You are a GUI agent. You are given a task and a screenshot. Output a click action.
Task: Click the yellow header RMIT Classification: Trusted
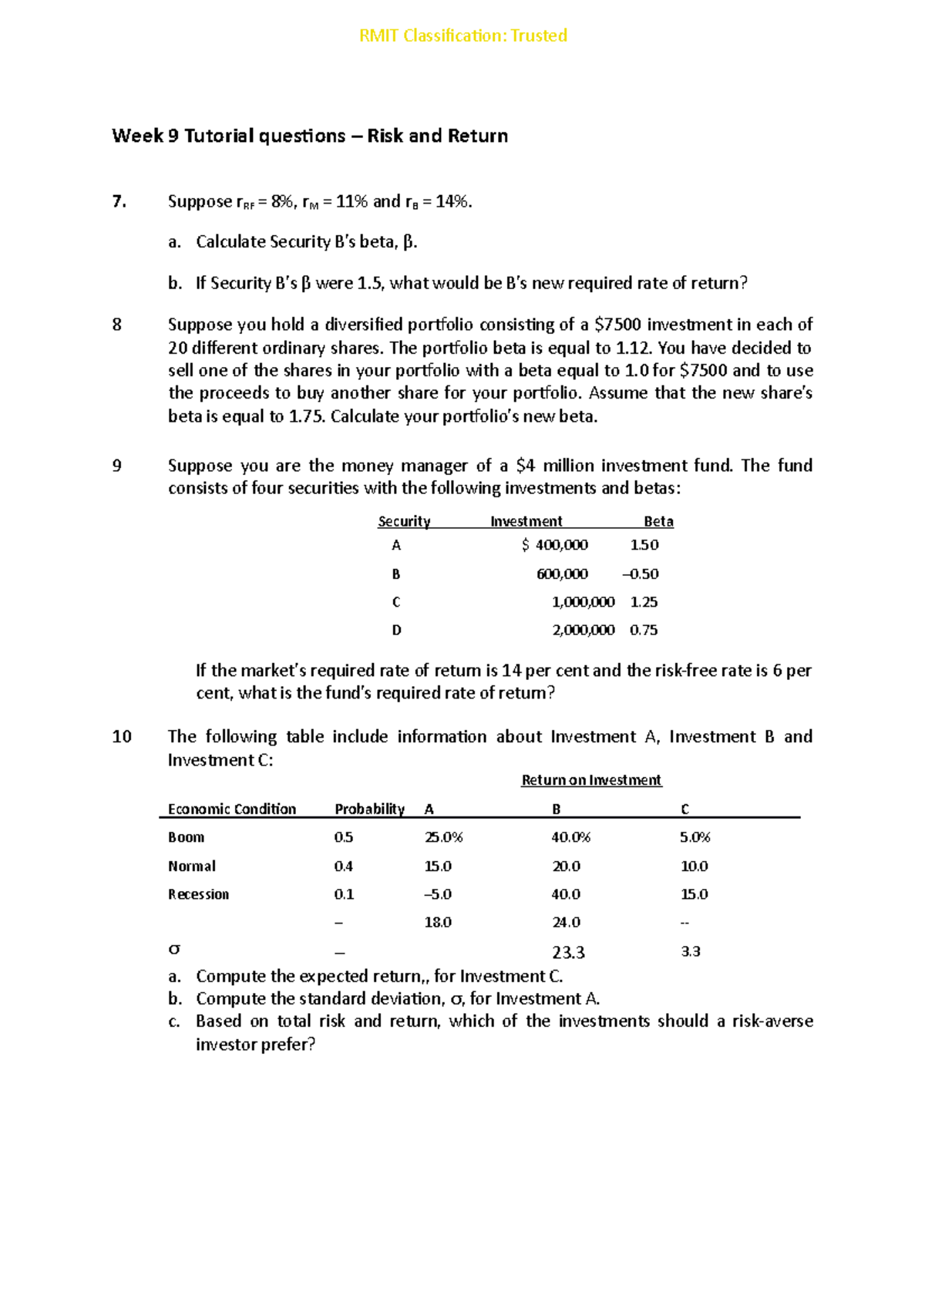point(462,35)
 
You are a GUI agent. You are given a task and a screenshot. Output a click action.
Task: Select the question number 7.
point(119,202)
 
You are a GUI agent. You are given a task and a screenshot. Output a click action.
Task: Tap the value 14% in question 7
point(452,202)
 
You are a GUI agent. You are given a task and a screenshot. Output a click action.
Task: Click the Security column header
point(404,522)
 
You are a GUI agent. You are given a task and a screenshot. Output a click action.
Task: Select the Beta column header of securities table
point(658,522)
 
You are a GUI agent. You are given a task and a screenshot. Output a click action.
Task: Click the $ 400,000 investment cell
point(554,545)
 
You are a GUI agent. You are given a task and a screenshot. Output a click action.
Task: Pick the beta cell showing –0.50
point(640,574)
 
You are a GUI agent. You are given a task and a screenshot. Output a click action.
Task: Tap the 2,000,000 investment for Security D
point(583,630)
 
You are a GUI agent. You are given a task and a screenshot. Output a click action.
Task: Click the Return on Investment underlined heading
point(591,780)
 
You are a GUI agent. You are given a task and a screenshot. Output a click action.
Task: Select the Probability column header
point(369,809)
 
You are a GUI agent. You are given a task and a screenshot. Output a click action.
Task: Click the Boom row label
point(186,837)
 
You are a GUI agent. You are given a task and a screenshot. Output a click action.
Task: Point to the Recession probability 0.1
point(344,894)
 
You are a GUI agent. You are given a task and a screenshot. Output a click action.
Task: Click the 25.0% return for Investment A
point(443,837)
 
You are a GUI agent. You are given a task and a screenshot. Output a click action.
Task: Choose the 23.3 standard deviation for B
point(568,953)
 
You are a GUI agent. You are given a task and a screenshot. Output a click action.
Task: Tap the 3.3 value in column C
point(690,952)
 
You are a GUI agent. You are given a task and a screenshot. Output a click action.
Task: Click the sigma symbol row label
point(174,950)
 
